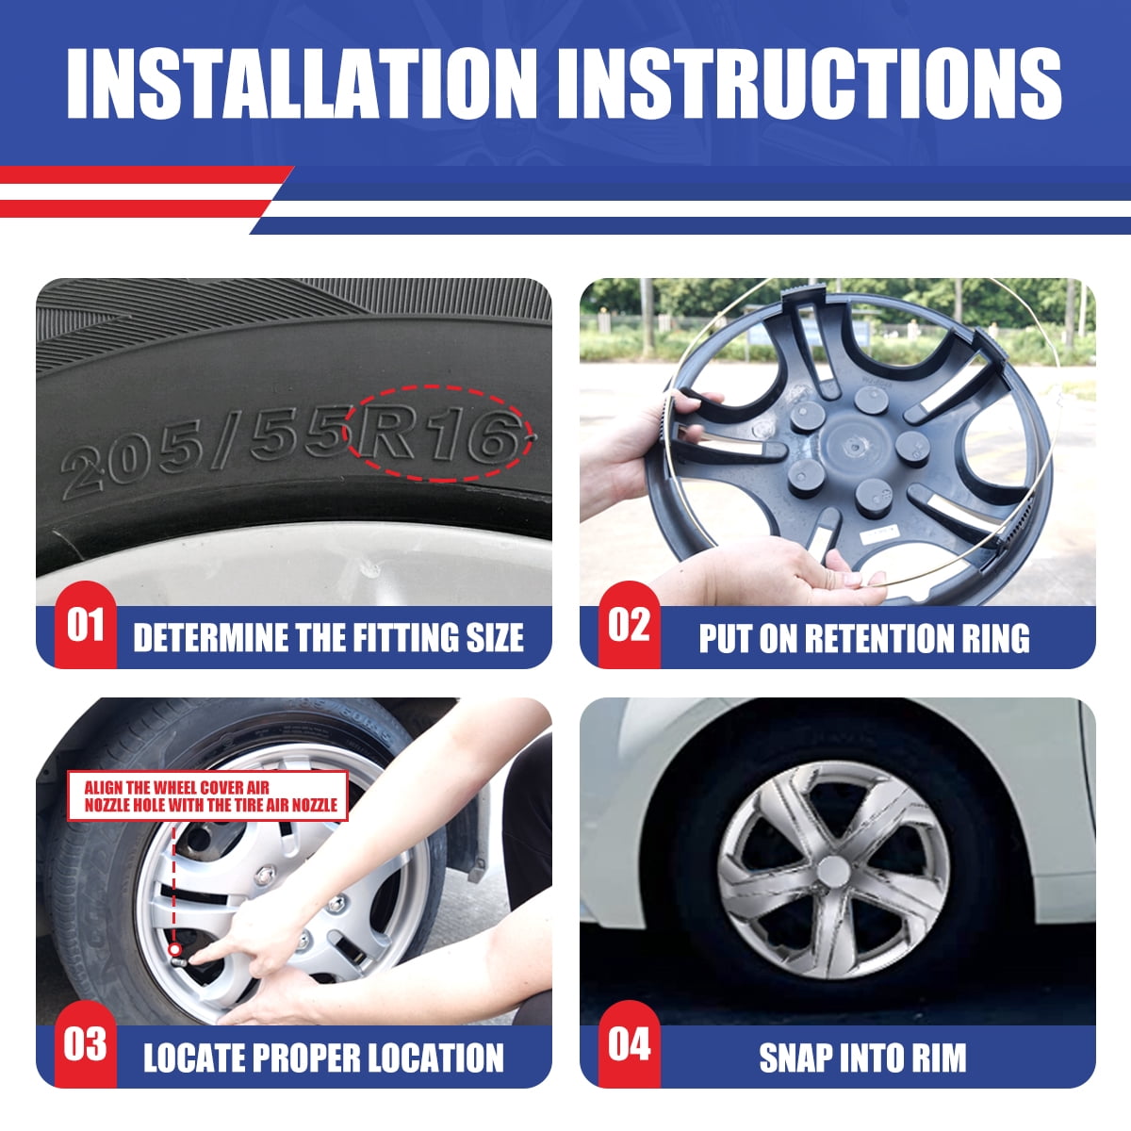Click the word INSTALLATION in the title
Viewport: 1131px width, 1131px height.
tap(302, 83)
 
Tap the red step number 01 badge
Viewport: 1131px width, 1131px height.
tap(86, 626)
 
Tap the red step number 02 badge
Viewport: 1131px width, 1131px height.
tap(630, 626)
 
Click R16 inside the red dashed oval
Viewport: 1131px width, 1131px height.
tap(439, 435)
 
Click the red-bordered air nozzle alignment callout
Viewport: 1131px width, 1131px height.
tap(207, 795)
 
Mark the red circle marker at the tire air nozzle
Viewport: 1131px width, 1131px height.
tap(173, 965)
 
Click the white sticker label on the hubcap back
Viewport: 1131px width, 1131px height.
tap(879, 534)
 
